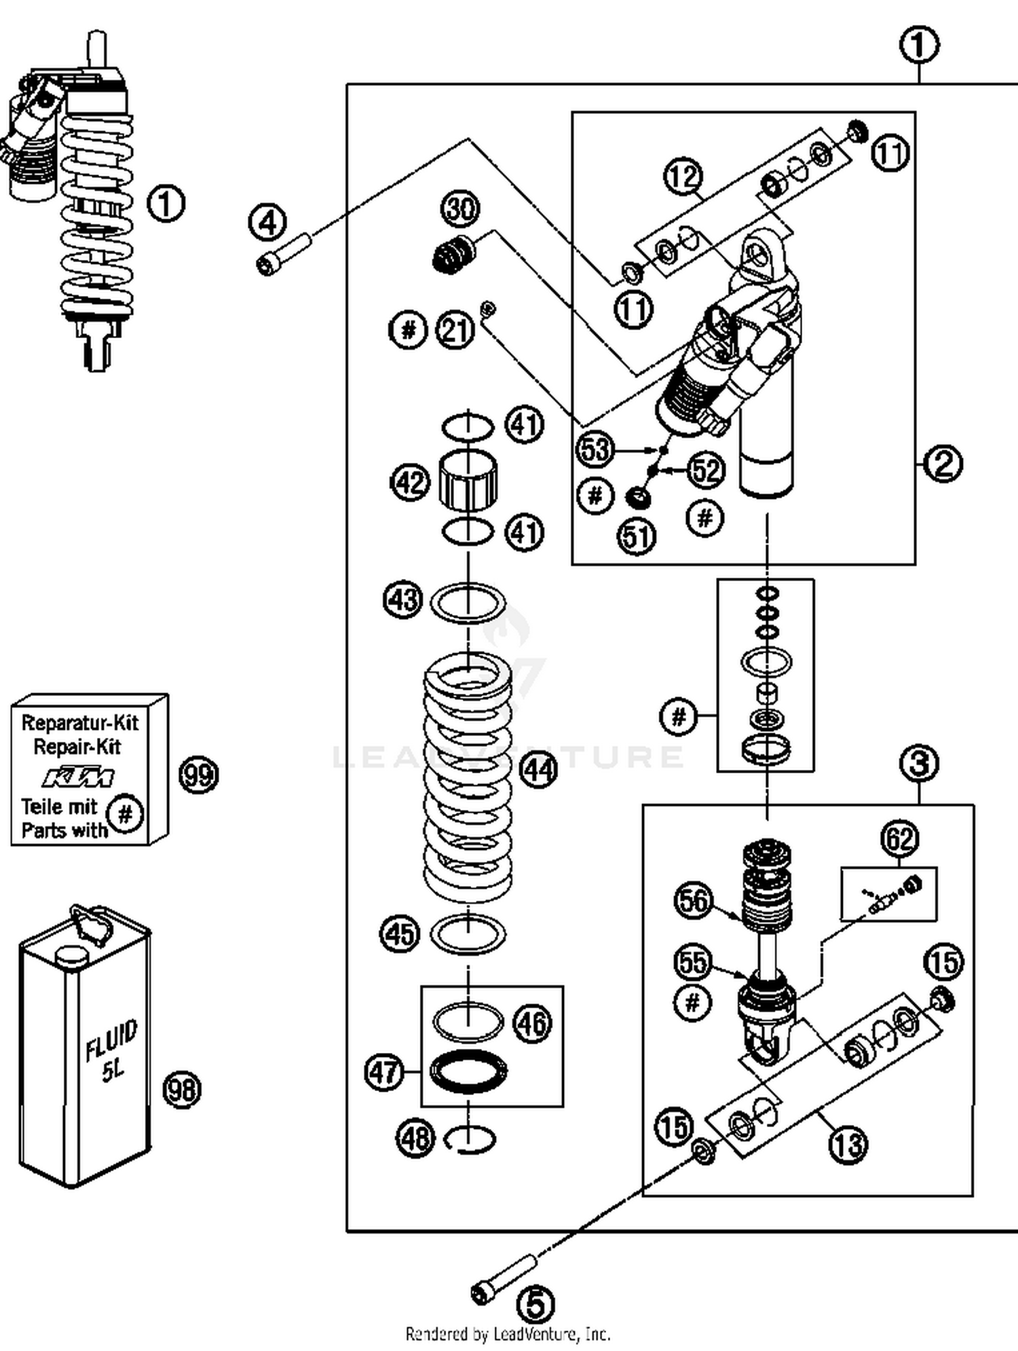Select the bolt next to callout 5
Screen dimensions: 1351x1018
[504, 1279]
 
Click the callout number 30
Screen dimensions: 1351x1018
[461, 208]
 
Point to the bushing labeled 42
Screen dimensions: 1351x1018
[468, 481]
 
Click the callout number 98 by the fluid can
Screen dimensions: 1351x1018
[182, 1090]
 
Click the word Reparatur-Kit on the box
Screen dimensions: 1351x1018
[79, 722]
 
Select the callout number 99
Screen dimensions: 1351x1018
[198, 775]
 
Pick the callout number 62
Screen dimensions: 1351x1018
[900, 839]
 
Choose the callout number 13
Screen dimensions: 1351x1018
[848, 1144]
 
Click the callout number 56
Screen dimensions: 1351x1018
[694, 900]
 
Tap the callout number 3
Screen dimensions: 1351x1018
[919, 763]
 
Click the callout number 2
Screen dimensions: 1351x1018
[943, 464]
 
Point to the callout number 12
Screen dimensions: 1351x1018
[683, 177]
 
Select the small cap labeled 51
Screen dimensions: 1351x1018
[638, 498]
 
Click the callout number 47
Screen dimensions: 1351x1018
[384, 1072]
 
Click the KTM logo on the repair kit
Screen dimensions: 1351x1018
[78, 777]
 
